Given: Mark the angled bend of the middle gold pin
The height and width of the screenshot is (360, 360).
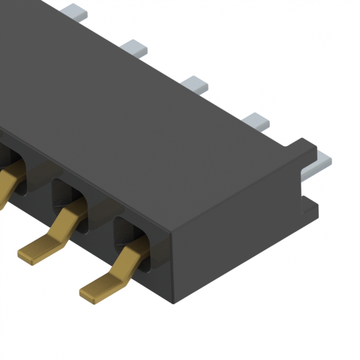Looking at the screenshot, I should (66, 219).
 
